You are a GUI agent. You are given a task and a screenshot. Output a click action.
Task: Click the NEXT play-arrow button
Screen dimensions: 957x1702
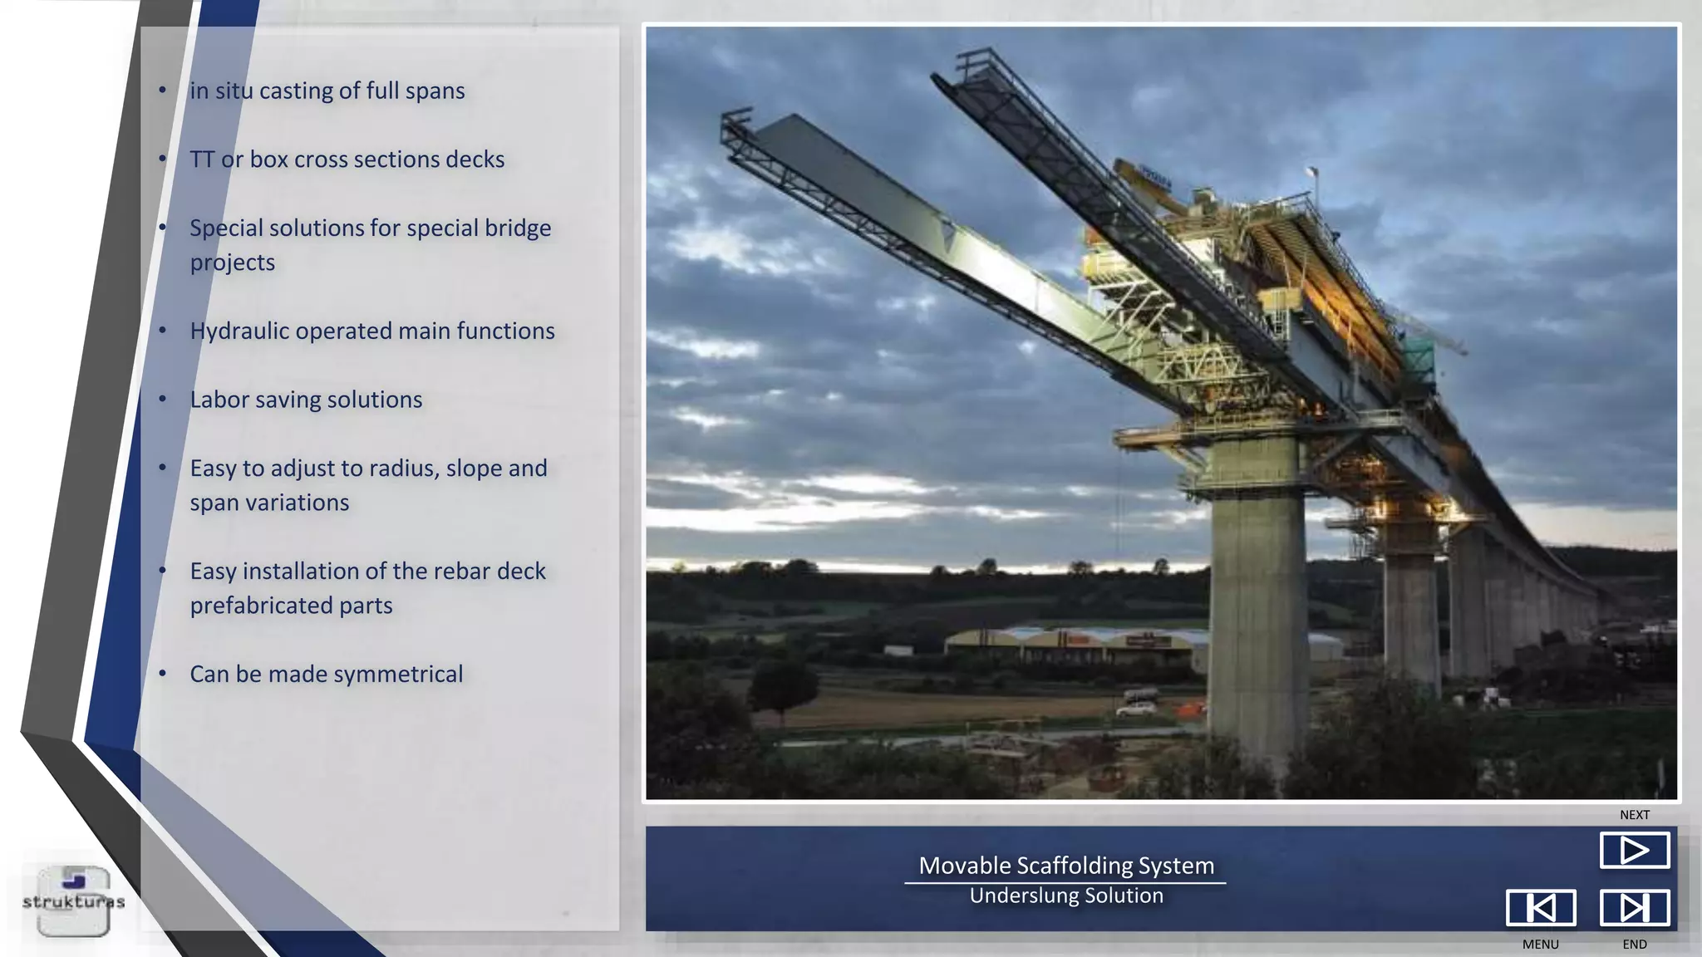pos(1634,850)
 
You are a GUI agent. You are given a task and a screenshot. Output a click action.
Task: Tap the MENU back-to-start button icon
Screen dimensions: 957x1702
pos(1540,907)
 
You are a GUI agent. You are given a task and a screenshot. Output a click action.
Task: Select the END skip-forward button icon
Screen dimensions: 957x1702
pos(1634,907)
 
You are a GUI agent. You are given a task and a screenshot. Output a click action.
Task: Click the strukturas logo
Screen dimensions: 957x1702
pos(73,901)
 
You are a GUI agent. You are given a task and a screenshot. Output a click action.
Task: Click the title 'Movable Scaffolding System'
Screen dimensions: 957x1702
pos(1066,866)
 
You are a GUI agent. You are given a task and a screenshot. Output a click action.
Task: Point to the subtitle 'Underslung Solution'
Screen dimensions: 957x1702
pos(1066,896)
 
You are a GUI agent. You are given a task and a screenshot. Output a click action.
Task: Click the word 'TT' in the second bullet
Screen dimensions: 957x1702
pos(202,159)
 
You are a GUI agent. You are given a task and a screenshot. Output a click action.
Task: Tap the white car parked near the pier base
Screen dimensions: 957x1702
pos(1136,709)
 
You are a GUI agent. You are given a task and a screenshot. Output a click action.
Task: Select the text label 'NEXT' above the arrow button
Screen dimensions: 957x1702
pos(1634,815)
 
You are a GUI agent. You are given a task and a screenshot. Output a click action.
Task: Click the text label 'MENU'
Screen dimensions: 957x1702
pos(1540,945)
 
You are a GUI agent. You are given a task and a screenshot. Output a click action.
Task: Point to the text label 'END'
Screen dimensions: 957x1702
pos(1634,945)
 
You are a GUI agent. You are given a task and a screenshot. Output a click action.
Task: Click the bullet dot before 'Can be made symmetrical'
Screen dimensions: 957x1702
pos(163,674)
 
